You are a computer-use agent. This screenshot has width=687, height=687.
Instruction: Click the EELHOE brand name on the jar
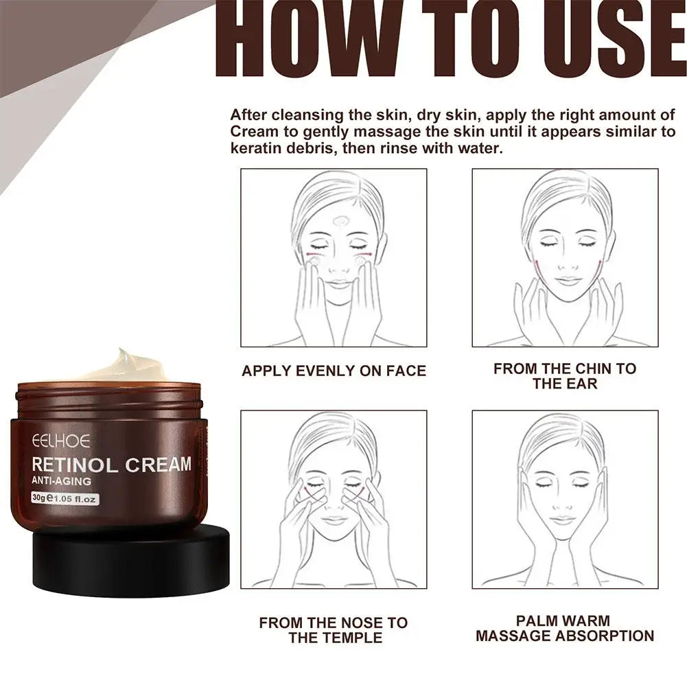click(x=60, y=441)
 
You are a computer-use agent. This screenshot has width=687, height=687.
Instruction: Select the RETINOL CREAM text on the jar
click(x=111, y=465)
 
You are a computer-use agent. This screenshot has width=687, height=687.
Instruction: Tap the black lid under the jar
click(x=130, y=563)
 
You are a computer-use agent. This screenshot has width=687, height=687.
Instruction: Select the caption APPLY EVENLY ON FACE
click(x=334, y=371)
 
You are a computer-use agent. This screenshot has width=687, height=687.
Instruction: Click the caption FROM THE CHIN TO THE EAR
click(x=564, y=376)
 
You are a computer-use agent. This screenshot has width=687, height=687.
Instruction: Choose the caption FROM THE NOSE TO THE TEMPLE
click(x=333, y=630)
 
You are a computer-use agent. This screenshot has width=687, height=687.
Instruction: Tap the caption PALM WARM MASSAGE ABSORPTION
click(x=564, y=629)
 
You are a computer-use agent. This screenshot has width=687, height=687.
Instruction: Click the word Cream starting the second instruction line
click(x=252, y=132)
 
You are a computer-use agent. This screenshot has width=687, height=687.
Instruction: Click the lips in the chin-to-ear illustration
click(x=568, y=281)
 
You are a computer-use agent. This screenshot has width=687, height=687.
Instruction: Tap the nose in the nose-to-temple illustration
click(x=335, y=506)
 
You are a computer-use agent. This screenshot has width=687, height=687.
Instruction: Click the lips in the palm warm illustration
click(x=562, y=520)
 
